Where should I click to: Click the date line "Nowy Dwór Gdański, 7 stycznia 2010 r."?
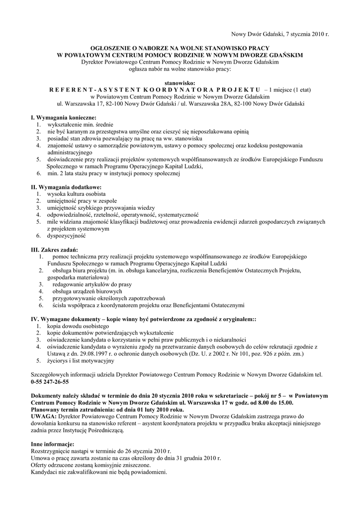280,34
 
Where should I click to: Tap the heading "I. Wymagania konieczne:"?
60,117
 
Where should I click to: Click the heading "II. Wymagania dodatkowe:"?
63,187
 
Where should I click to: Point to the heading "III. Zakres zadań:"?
55,250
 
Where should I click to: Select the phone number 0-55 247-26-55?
50,382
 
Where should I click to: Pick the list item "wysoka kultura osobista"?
76,194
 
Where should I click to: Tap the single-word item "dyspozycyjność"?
66,236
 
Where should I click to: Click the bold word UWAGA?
44,416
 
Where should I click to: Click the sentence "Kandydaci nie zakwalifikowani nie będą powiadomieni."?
99,471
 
